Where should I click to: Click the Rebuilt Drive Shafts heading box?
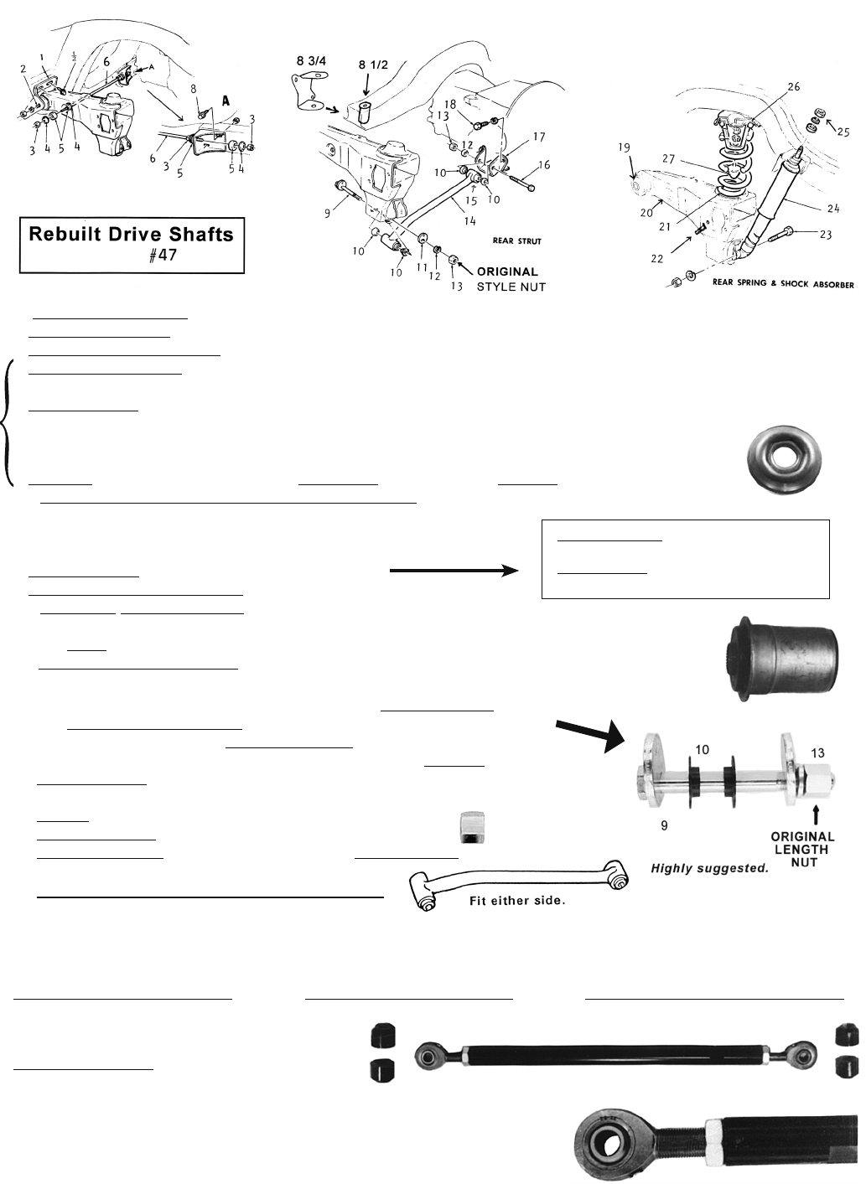[x=132, y=246]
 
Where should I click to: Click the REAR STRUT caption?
[x=516, y=241]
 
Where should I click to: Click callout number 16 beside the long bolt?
[x=544, y=165]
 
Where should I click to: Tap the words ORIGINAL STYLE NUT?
[x=507, y=280]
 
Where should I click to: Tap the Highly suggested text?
[x=710, y=868]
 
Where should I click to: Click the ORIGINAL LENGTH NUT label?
[x=803, y=849]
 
